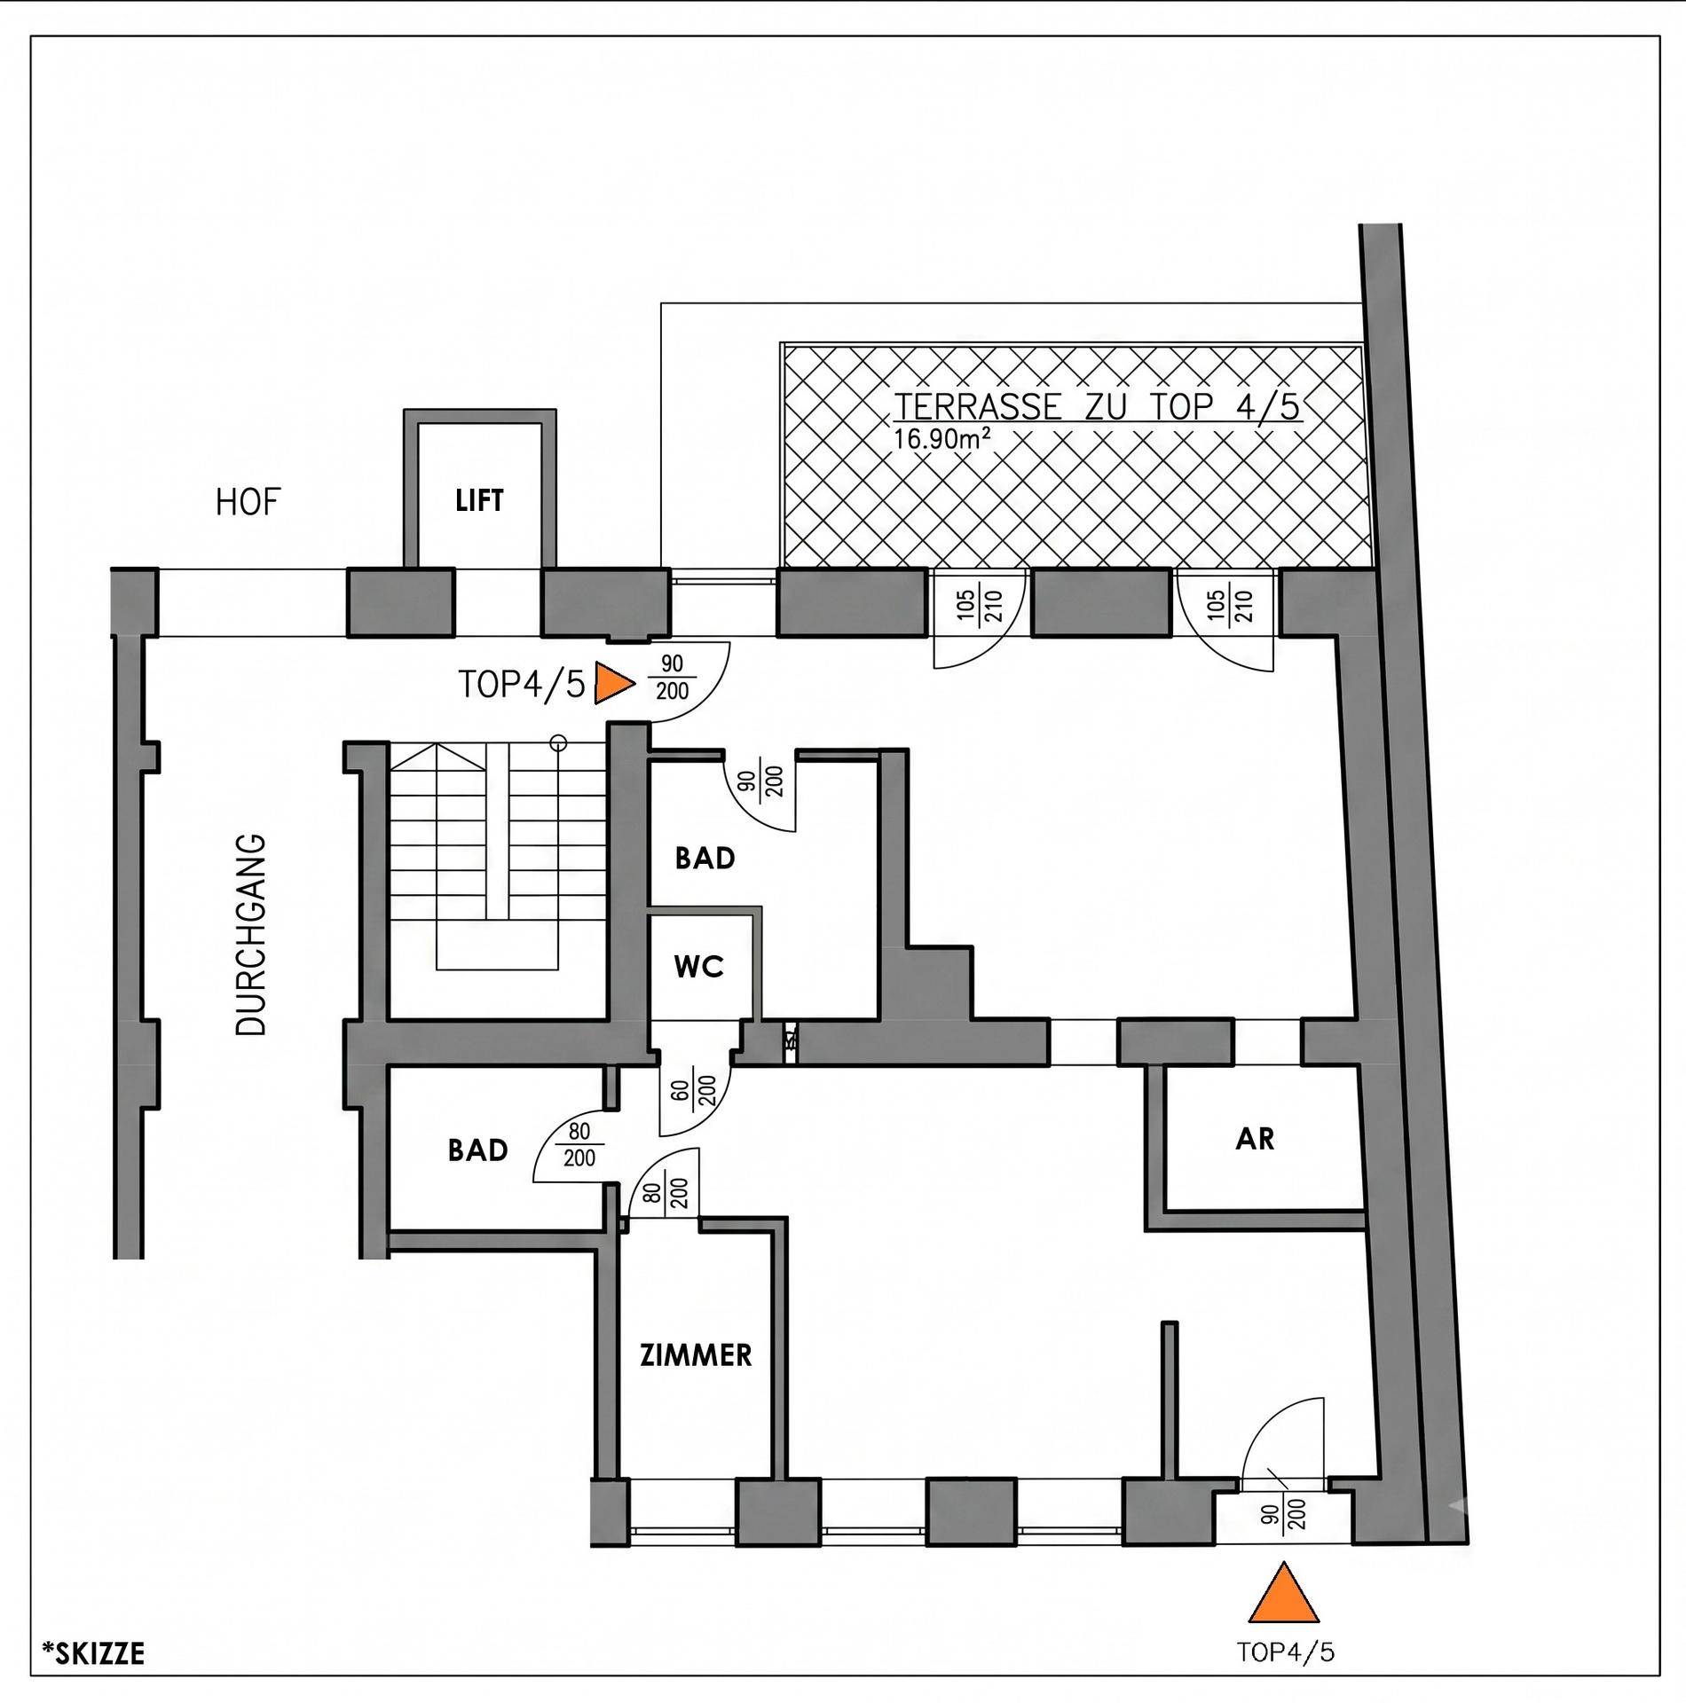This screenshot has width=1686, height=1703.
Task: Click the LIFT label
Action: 479,501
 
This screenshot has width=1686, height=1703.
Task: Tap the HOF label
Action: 248,503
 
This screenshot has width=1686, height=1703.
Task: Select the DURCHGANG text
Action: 252,934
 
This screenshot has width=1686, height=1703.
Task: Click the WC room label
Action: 699,967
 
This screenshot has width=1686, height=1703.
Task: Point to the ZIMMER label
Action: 697,1355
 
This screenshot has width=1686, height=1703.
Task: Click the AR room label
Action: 1255,1139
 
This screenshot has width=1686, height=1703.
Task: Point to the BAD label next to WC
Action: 705,859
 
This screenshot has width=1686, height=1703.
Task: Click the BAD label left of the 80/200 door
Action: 478,1150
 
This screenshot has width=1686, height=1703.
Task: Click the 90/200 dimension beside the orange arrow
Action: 673,679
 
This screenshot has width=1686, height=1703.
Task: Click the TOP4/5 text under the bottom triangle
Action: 1286,1652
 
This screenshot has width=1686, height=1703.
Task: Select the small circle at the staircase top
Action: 558,742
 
